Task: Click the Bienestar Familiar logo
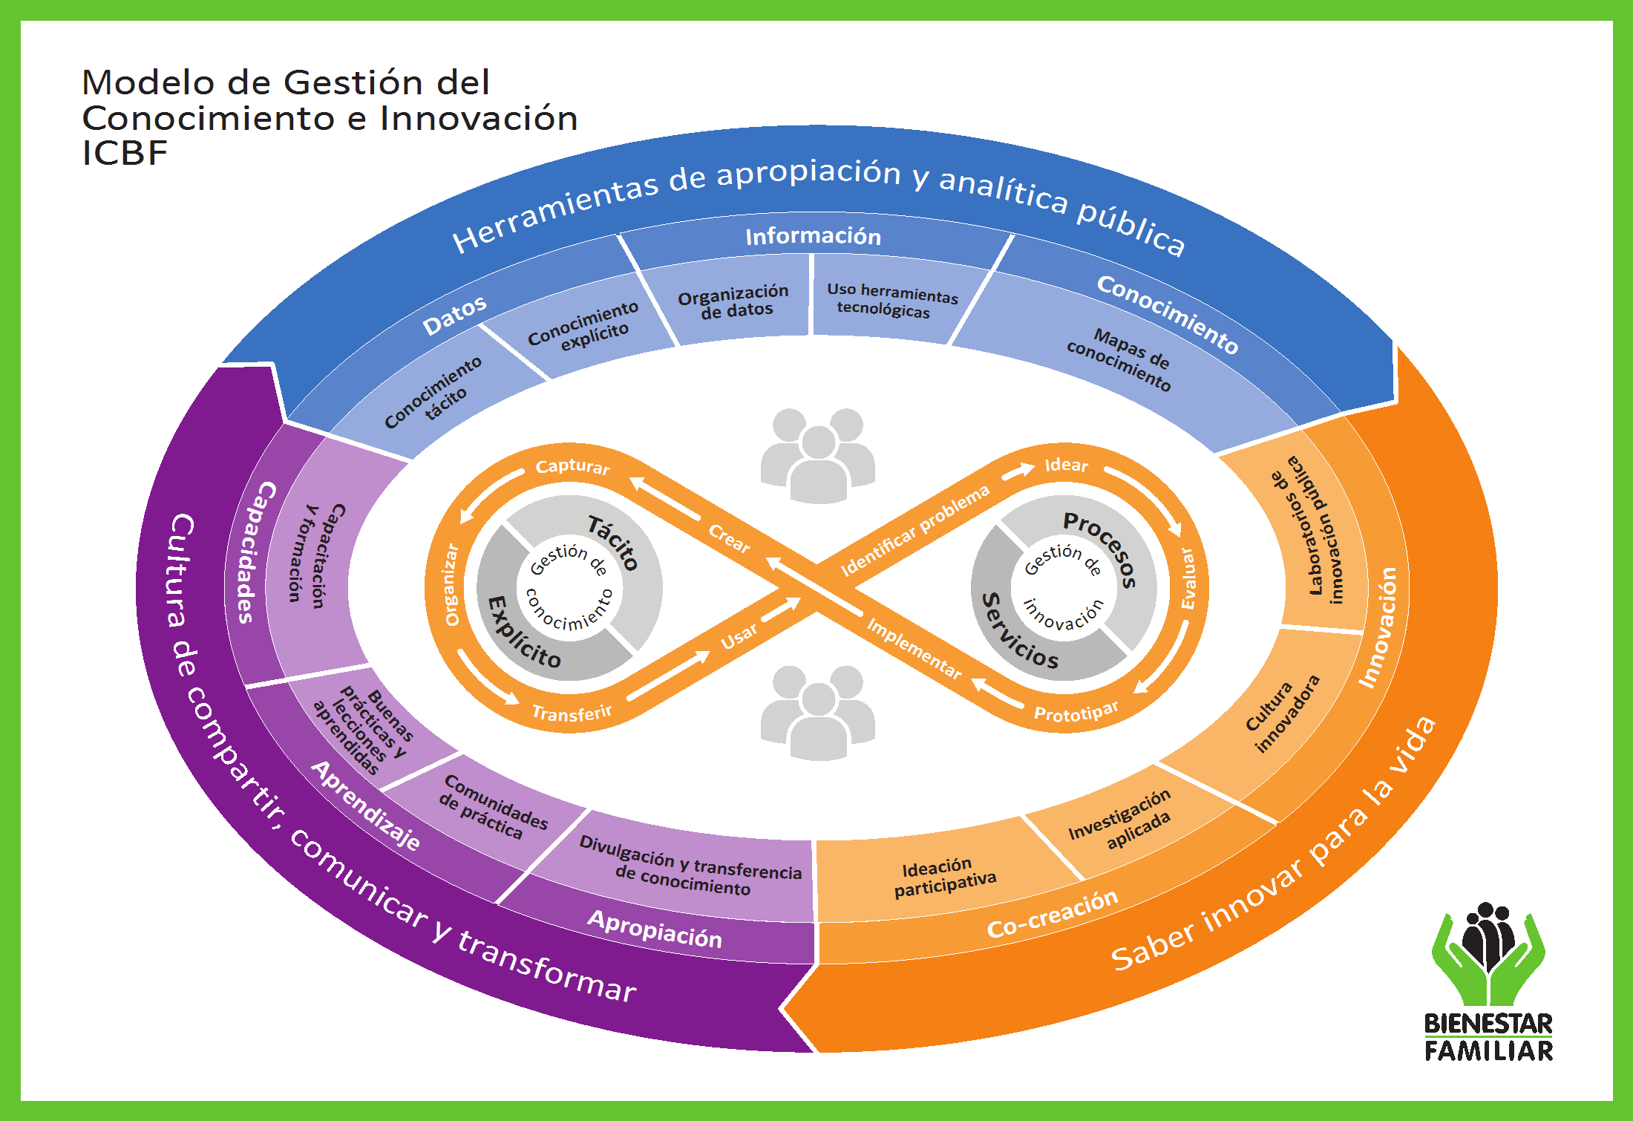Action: (1488, 980)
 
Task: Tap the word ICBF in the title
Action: (125, 154)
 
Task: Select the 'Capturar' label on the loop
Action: (572, 466)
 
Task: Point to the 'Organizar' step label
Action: (451, 585)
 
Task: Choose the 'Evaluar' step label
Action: (1188, 579)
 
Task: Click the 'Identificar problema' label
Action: (914, 530)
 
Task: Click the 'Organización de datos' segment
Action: (733, 301)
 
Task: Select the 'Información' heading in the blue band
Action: (813, 236)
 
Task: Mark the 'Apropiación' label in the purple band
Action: (655, 929)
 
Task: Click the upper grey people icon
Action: (818, 454)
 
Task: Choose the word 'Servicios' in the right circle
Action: (1019, 632)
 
